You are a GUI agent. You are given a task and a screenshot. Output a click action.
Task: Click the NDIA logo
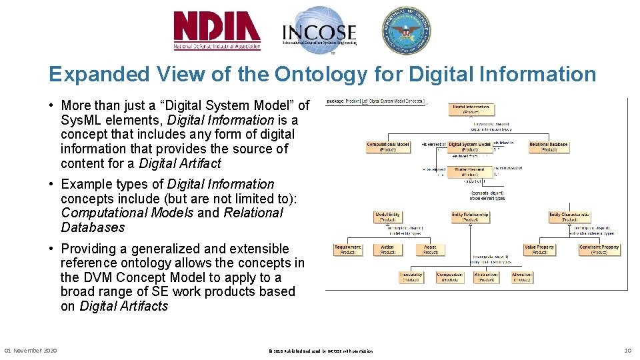coord(217,31)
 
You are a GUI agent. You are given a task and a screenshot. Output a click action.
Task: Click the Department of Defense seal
coord(405,31)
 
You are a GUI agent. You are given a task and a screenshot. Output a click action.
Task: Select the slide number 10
coord(627,351)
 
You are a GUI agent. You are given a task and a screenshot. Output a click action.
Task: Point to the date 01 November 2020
coord(31,351)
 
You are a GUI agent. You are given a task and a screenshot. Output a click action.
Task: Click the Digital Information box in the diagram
coord(471,109)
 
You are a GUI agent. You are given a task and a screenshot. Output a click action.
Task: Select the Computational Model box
coord(388,147)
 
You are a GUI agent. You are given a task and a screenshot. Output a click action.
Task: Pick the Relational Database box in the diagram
coord(549,147)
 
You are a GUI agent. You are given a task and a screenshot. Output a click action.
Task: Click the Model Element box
coord(469,172)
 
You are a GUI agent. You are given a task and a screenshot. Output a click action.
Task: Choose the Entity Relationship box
coord(470,217)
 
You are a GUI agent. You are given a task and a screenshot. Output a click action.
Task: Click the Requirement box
coord(347,249)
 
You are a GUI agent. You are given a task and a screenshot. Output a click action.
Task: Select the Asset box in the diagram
coord(430,249)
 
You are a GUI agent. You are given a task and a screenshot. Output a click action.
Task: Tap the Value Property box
coord(539,249)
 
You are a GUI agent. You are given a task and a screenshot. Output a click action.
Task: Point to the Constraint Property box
coord(599,249)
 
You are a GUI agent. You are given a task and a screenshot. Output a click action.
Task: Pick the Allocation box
coord(522,277)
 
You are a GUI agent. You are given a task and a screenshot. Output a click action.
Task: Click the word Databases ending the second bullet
coord(93,227)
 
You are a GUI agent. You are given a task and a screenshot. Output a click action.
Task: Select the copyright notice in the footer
coord(320,351)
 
